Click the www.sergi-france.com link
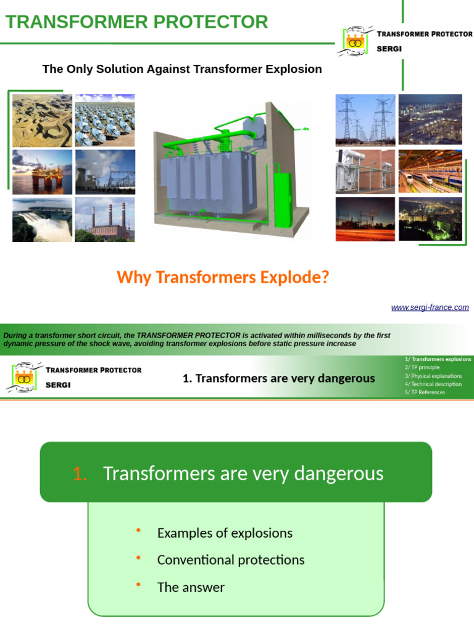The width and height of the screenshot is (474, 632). point(430,307)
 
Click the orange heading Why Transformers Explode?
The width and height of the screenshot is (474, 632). point(223,278)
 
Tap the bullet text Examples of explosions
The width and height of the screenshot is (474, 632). point(225,533)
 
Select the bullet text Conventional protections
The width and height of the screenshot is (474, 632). point(231,560)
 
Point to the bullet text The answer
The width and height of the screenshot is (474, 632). point(191,587)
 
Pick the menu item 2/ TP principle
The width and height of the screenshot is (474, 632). point(423,367)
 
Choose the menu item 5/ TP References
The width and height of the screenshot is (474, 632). point(425,392)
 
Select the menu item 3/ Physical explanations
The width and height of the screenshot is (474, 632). point(434,375)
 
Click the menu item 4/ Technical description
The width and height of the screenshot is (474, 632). point(433,384)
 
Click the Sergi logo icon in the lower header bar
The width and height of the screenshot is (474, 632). point(23,378)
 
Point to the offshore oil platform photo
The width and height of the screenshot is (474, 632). point(42,172)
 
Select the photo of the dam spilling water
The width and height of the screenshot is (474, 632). point(42,219)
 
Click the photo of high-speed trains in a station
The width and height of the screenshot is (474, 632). point(430,171)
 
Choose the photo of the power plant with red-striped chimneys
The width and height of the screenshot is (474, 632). point(105,219)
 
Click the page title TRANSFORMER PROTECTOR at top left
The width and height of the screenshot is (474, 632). point(136,22)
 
